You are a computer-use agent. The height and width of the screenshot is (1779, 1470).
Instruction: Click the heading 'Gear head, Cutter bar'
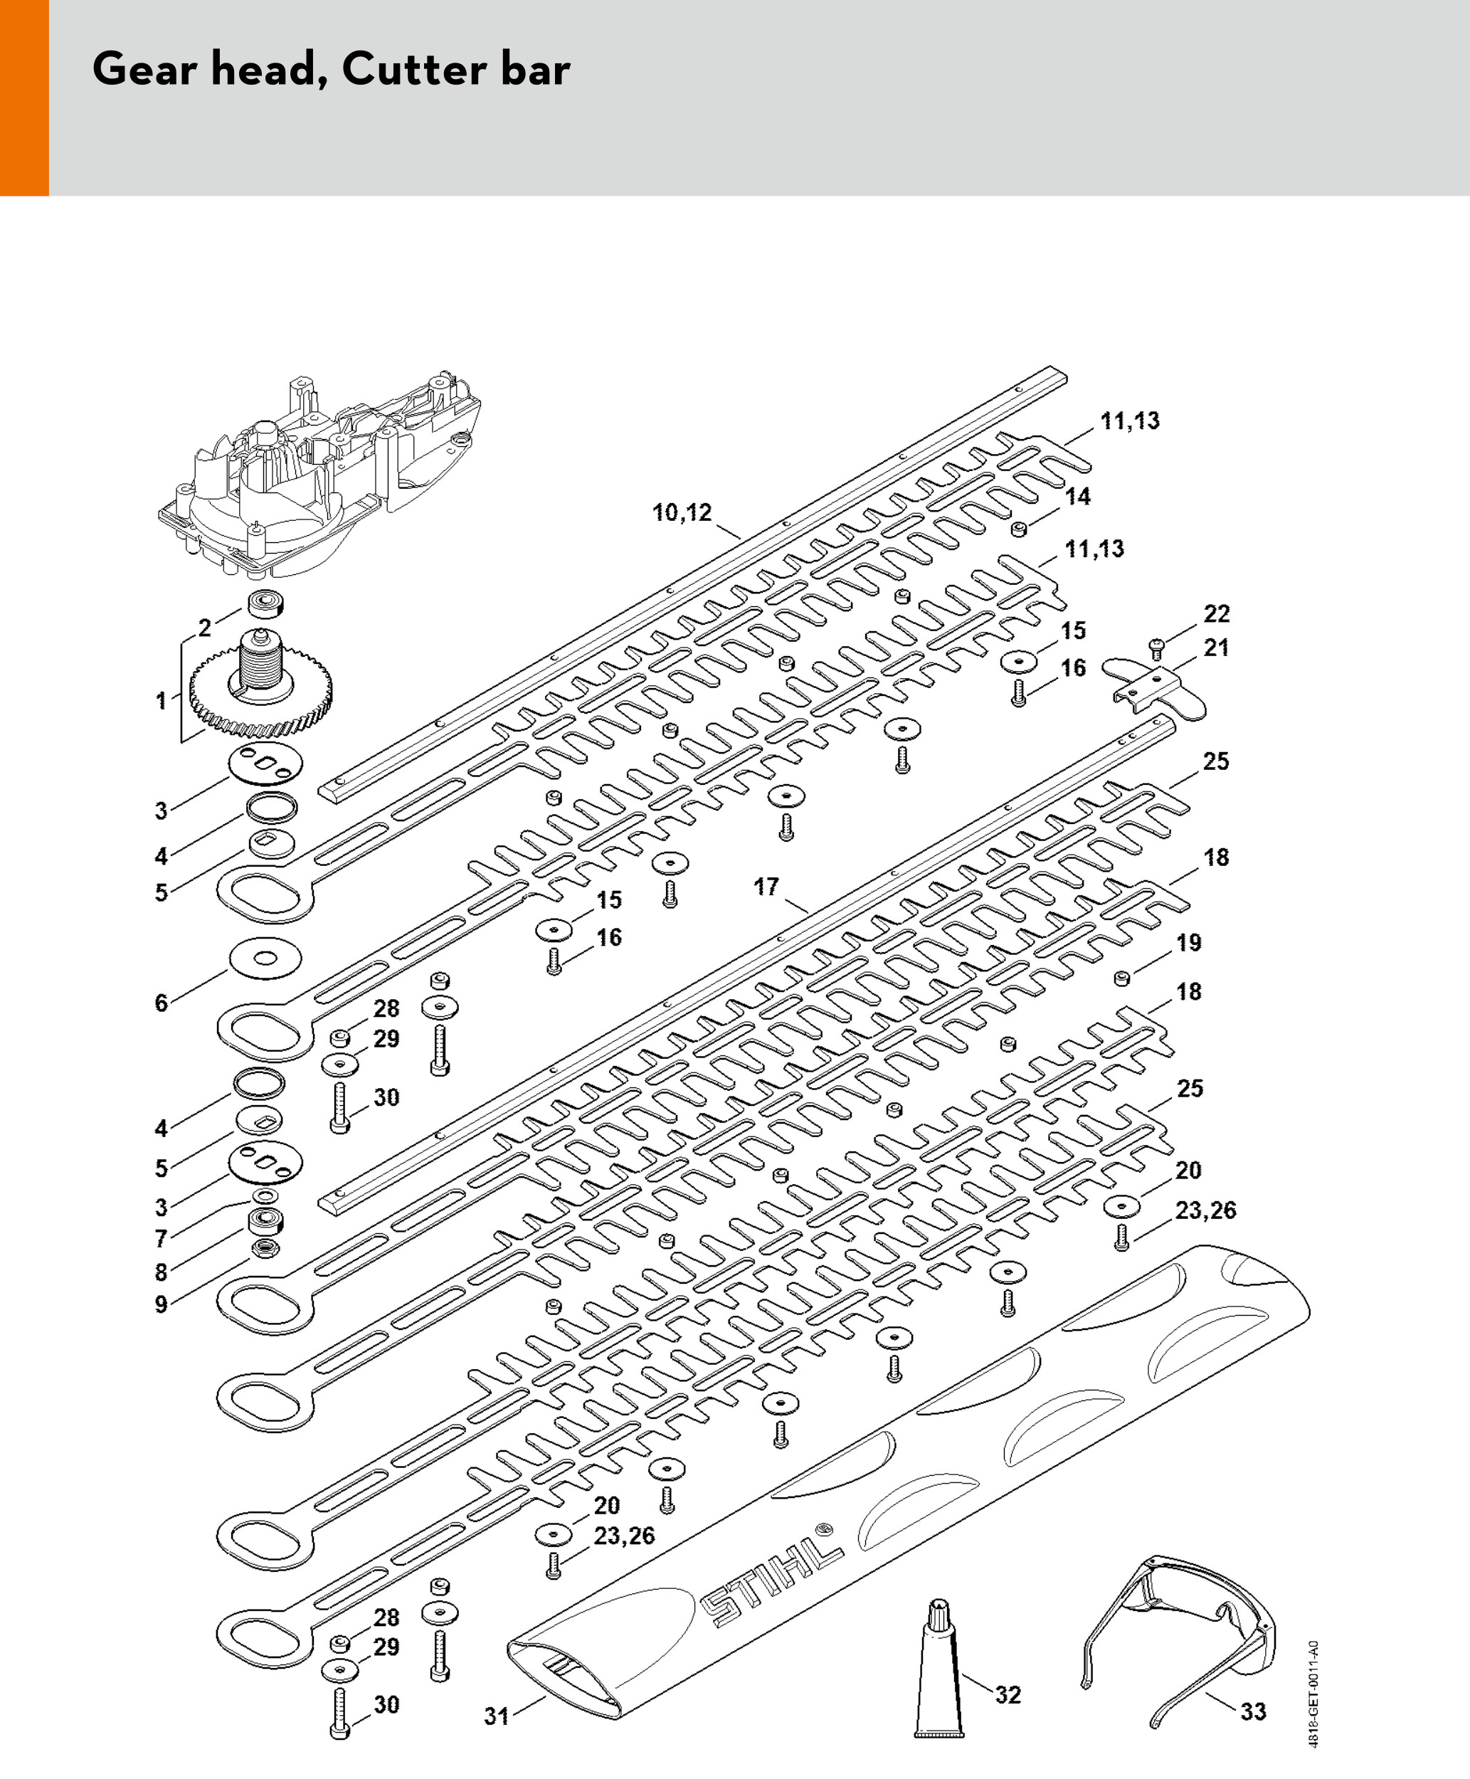331,70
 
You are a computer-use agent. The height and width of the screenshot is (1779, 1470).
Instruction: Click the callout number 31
496,1716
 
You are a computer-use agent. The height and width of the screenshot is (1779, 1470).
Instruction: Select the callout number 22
1217,614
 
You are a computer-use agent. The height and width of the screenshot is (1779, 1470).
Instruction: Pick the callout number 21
1217,648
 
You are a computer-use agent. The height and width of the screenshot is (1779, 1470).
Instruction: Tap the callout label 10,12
682,512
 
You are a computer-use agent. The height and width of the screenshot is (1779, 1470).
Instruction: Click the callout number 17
766,887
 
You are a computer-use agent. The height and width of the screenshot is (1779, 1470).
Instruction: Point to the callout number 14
1077,496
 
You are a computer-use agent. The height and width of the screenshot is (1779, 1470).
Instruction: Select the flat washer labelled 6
265,958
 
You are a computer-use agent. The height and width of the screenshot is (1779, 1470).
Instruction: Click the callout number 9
161,1304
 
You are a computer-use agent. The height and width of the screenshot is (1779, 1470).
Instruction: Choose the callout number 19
1189,942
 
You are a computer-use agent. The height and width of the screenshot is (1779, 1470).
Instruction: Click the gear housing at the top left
322,482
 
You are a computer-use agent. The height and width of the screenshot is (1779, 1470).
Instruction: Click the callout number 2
205,628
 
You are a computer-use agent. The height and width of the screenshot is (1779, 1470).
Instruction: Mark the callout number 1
161,700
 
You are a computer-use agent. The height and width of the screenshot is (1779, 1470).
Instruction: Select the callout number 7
161,1239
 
